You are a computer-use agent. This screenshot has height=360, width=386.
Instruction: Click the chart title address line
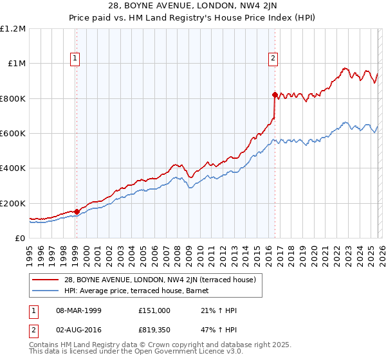(193, 6)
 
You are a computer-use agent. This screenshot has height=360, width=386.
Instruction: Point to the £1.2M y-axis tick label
(13, 29)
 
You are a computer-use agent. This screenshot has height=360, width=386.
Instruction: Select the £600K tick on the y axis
(13, 134)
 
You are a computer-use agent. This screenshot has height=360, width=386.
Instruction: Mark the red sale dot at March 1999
(77, 211)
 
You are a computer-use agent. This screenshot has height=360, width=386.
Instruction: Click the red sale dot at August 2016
(275, 95)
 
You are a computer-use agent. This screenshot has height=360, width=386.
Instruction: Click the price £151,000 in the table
(154, 310)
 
